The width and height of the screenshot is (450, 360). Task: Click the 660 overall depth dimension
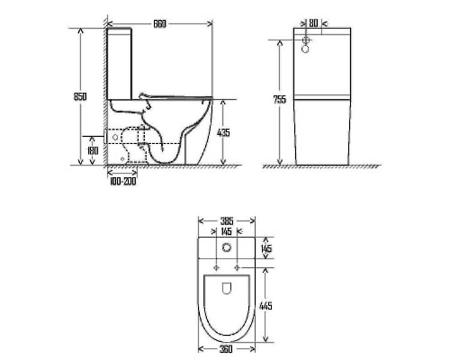pos(159,23)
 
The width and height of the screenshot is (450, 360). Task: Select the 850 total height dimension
pos(80,96)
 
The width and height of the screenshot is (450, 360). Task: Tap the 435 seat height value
pos(223,132)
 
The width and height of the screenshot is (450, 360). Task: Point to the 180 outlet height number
pos(93,150)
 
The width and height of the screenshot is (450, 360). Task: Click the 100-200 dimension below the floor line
pos(123,181)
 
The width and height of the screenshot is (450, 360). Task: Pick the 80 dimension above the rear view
pos(313,23)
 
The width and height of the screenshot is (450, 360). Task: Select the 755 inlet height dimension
pos(280,99)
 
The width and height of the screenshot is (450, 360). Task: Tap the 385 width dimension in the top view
pos(227,221)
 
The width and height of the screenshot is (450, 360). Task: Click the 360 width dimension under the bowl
pos(226,349)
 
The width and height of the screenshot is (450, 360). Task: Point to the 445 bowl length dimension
pos(265,306)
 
